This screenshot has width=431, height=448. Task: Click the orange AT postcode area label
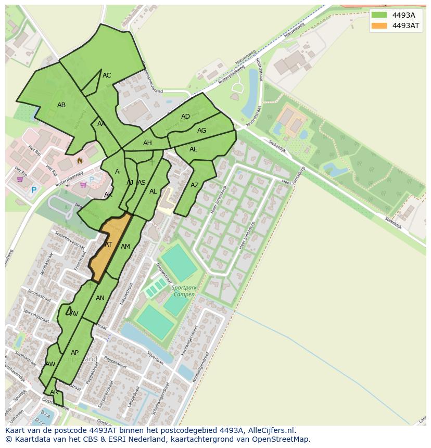pyautogui.click(x=108, y=244)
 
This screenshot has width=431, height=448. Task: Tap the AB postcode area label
pyautogui.click(x=61, y=105)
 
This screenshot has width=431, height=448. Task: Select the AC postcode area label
pyautogui.click(x=107, y=75)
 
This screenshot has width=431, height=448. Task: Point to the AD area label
pyautogui.click(x=185, y=117)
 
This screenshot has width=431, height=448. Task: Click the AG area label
pyautogui.click(x=201, y=131)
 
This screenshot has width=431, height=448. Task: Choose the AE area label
pyautogui.click(x=194, y=149)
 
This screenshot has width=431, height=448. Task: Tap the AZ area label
pyautogui.click(x=195, y=185)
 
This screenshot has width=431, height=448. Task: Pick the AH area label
pyautogui.click(x=147, y=143)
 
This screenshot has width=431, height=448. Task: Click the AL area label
pyautogui.click(x=153, y=191)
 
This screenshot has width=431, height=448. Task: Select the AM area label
pyautogui.click(x=125, y=247)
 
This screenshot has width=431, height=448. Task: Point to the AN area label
pyautogui.click(x=100, y=298)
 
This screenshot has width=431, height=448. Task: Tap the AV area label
pyautogui.click(x=74, y=314)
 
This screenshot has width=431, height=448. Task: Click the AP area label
pyautogui.click(x=74, y=352)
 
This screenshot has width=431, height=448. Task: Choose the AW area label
pyautogui.click(x=50, y=364)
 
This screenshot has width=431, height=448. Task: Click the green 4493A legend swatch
pyautogui.click(x=379, y=15)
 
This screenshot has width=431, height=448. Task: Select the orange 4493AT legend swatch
pyautogui.click(x=379, y=25)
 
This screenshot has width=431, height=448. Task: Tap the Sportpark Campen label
pyautogui.click(x=184, y=291)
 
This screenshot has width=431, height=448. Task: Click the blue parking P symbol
pyautogui.click(x=34, y=190)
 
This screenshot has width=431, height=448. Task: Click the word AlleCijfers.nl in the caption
pyautogui.click(x=270, y=430)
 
